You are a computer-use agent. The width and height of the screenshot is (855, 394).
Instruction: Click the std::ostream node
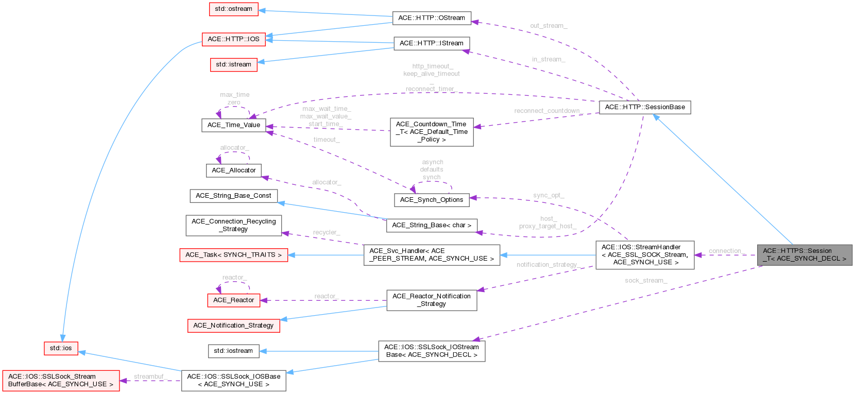233,9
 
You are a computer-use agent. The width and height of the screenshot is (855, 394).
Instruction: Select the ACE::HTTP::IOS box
233,39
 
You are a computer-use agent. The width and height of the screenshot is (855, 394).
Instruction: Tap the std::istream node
233,64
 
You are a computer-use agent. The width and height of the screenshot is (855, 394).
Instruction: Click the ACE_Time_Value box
233,125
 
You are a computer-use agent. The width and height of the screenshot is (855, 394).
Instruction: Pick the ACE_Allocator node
233,170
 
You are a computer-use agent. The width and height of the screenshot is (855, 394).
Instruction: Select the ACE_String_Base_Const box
233,196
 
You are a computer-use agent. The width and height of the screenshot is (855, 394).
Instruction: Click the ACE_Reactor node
233,300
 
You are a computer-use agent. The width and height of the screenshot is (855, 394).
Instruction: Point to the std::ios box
61,348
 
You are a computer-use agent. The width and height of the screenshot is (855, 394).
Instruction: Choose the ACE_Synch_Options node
431,200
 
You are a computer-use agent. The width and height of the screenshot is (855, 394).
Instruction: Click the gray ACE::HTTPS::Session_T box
805,255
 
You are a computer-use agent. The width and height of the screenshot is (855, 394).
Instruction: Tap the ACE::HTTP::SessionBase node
645,107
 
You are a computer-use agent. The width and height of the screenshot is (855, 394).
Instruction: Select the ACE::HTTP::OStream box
431,18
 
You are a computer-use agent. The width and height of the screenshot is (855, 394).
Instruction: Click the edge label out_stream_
548,26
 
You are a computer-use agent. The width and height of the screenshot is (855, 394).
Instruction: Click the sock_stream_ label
645,281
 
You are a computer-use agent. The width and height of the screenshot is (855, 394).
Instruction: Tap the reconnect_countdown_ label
548,111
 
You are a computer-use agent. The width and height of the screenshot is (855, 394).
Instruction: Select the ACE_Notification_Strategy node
233,326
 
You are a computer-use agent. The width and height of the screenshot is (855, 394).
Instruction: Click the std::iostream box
233,351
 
